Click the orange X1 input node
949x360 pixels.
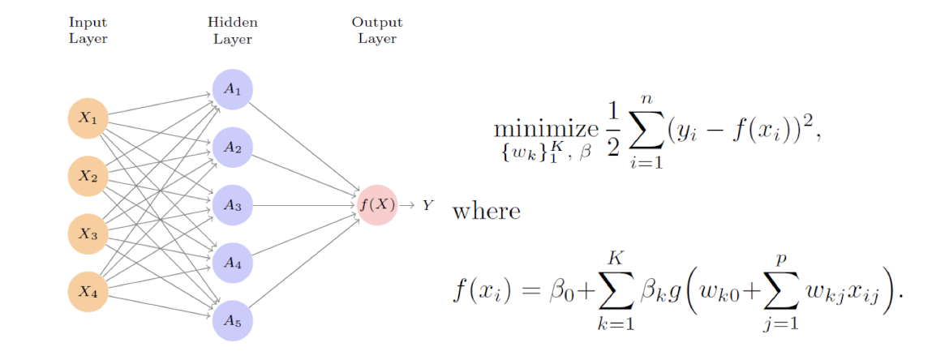[88, 118]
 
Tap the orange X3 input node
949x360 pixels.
[88, 234]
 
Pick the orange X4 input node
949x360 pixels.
[88, 292]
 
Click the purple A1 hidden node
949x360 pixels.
[233, 90]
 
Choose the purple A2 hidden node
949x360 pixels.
[233, 148]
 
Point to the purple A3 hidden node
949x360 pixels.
[233, 205]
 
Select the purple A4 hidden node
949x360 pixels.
[233, 263]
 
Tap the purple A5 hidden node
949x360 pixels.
[233, 320]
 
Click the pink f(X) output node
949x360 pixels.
[377, 205]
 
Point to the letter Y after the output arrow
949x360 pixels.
[427, 206]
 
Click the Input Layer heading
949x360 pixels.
[88, 31]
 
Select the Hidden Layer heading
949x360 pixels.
[233, 31]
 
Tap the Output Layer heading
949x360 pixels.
[377, 31]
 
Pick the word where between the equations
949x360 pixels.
[486, 212]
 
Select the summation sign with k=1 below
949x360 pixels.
[617, 293]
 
